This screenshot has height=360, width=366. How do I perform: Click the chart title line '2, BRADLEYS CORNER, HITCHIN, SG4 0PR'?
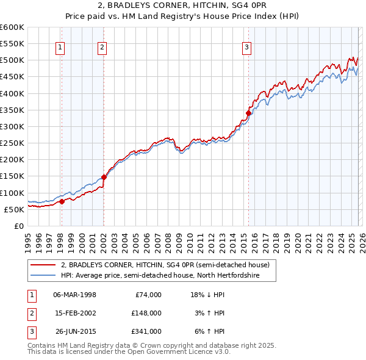182,6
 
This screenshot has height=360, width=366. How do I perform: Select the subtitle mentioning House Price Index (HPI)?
182,16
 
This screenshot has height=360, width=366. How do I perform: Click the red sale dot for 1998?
62,201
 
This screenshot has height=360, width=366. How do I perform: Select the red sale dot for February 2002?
104,177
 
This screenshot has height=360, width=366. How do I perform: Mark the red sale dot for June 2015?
248,113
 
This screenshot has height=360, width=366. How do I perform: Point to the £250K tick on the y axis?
12,143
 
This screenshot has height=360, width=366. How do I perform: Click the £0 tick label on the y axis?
18,226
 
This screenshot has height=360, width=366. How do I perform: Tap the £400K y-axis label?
12,93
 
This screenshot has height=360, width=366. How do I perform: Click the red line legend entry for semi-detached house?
168,265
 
